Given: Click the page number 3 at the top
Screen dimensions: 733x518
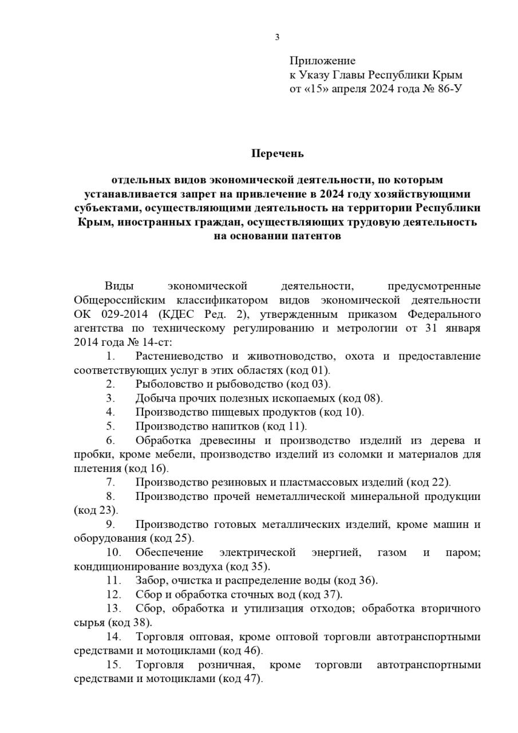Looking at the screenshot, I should [x=278, y=38].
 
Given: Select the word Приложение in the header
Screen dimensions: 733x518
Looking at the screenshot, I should [x=322, y=61].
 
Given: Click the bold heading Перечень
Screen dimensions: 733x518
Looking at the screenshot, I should [x=278, y=153].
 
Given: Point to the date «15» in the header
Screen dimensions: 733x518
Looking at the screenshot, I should [x=318, y=89].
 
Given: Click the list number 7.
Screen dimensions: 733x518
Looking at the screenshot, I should [x=110, y=482].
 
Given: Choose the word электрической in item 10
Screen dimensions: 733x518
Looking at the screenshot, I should [x=257, y=553].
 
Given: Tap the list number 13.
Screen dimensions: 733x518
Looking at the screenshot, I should [x=113, y=608].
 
